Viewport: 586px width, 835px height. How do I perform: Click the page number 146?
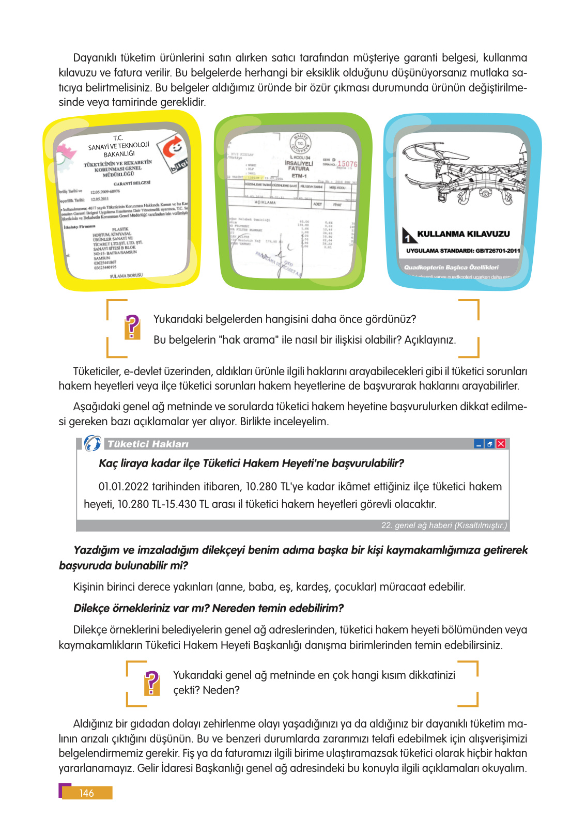(x=86, y=793)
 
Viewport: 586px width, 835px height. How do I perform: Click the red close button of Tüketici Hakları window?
(x=501, y=444)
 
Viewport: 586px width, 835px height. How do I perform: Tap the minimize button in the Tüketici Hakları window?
(x=479, y=444)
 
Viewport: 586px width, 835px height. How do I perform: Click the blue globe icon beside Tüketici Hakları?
(x=92, y=443)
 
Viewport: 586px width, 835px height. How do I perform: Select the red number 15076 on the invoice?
(x=347, y=164)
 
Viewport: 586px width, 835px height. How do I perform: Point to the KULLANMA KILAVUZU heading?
(x=463, y=234)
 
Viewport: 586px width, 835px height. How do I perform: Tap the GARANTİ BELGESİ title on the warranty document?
(x=132, y=183)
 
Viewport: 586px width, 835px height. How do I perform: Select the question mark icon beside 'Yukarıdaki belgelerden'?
(x=132, y=327)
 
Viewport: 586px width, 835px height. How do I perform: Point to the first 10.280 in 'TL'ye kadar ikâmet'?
(x=261, y=487)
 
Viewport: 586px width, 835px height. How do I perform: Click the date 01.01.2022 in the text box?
(x=124, y=487)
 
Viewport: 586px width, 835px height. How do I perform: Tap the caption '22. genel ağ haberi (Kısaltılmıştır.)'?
(x=443, y=525)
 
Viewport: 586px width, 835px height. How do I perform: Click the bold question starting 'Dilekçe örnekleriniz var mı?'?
(x=208, y=608)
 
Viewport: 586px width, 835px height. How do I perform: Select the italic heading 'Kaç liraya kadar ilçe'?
(x=251, y=463)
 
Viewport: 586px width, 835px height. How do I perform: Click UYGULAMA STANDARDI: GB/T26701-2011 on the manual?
(x=463, y=251)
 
